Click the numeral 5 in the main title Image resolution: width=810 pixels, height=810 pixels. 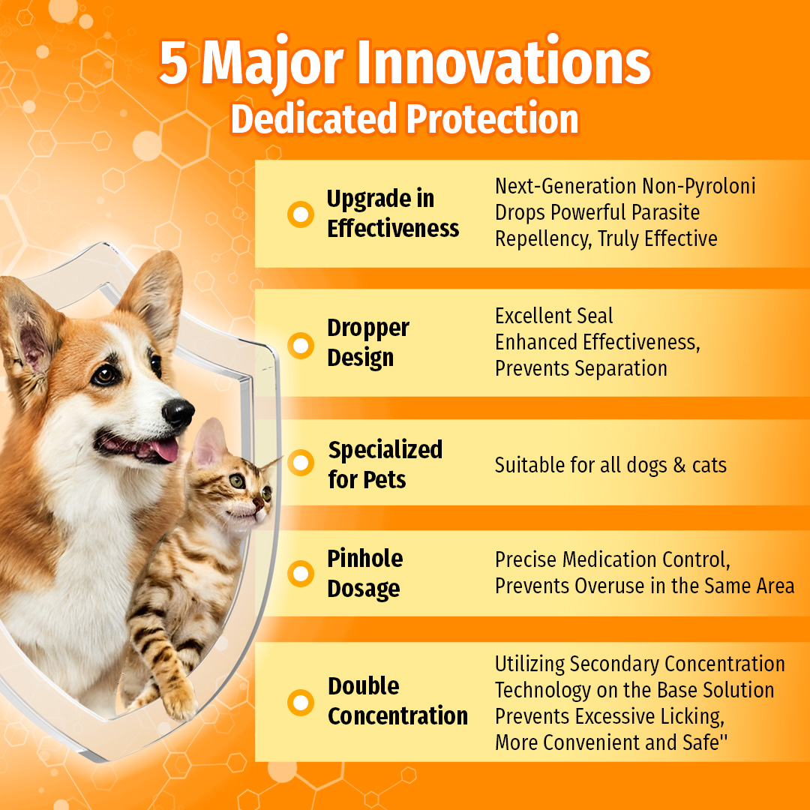coord(174,64)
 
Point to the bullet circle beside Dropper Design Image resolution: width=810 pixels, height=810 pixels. coord(301,346)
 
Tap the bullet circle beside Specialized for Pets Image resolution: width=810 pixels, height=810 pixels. coord(301,463)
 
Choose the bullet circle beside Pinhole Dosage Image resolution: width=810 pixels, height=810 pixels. coord(301,574)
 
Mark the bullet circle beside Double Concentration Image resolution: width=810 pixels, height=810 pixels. coord(301,703)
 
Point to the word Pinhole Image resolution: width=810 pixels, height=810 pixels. coord(365,559)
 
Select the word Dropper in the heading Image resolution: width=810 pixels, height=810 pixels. coord(368,328)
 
